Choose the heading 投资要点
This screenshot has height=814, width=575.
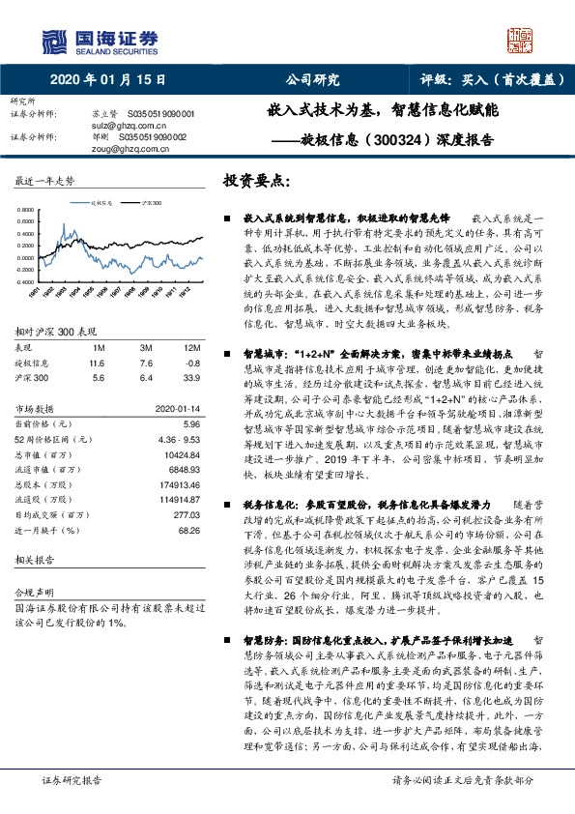tap(256, 182)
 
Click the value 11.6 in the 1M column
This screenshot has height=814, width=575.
tap(95, 362)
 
